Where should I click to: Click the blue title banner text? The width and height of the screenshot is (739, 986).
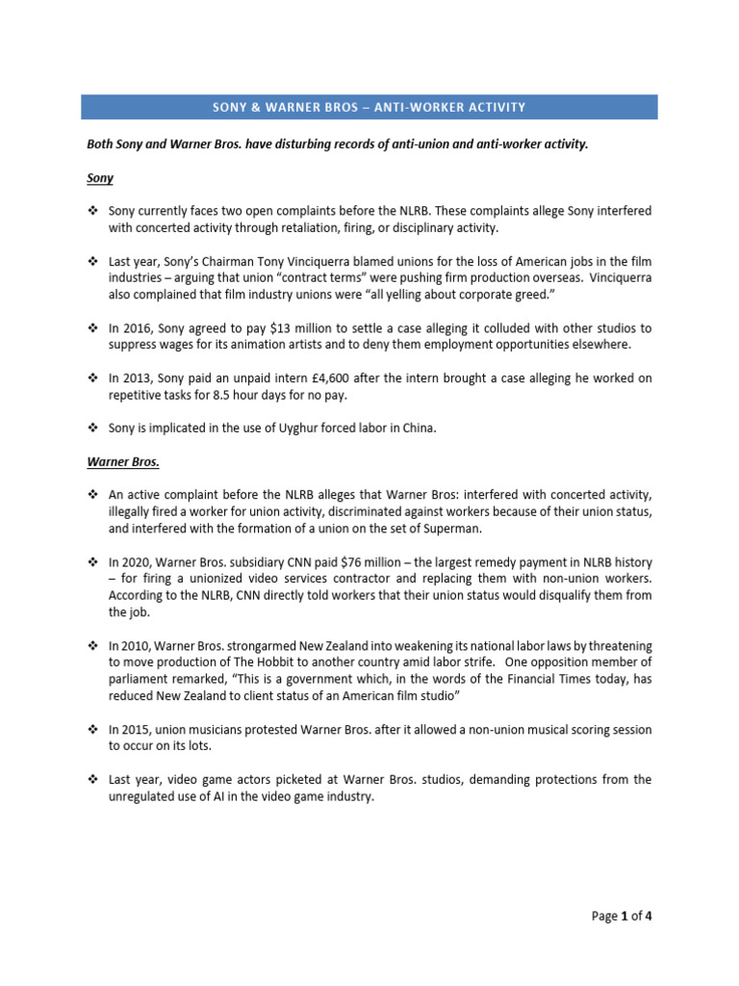coord(369,107)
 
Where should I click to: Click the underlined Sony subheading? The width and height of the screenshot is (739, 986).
coord(100,178)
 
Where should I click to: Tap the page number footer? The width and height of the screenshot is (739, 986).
coord(623,916)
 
